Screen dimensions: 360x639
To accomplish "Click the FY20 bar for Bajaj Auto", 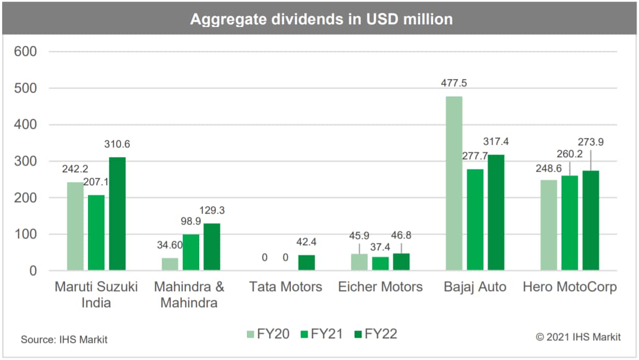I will point(454,184).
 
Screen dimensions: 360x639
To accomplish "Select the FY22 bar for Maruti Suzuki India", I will point(117,214).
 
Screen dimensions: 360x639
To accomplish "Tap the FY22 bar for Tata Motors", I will point(306,263).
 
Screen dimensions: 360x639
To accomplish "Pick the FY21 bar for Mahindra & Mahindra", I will point(191,252).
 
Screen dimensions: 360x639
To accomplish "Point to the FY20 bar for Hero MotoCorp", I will point(549,226).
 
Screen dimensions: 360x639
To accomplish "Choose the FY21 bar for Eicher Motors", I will point(380,264).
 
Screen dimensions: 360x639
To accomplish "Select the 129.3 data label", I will point(213,211).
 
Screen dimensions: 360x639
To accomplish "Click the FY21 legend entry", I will point(321,334).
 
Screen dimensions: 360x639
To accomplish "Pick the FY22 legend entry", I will point(376,334).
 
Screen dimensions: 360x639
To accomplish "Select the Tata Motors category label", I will point(285,287).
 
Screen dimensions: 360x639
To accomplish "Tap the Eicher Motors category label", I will point(380,287).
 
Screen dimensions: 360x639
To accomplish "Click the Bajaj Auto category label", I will point(475,287).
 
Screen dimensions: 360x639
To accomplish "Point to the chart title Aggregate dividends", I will point(321,19).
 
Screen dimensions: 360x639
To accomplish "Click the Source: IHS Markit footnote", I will point(64,340).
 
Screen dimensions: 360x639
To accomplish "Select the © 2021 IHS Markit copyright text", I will point(578,337).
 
